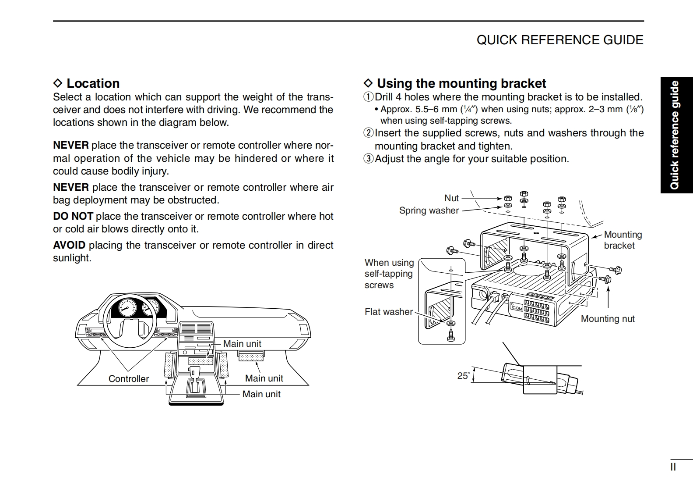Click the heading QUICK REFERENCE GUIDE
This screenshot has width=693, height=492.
pos(559,40)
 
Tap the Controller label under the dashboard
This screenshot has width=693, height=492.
pos(128,379)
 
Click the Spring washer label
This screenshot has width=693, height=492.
pos(429,210)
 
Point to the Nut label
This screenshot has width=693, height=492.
pos(451,198)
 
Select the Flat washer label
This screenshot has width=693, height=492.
pos(388,312)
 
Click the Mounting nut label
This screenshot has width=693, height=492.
pos(607,319)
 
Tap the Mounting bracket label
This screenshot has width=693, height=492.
pos(622,240)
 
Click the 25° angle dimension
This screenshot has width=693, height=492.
pos(463,376)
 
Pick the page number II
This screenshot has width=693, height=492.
pos(673,467)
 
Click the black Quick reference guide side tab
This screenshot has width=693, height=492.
pos(676,135)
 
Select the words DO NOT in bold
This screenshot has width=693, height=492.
pos(73,216)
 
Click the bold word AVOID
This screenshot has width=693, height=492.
pos(69,245)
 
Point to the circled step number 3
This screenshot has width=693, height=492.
pos(369,159)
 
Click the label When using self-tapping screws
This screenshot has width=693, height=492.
pos(389,274)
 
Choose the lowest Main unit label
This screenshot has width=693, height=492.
pos(261,394)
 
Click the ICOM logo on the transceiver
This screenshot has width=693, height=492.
pos(517,307)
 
